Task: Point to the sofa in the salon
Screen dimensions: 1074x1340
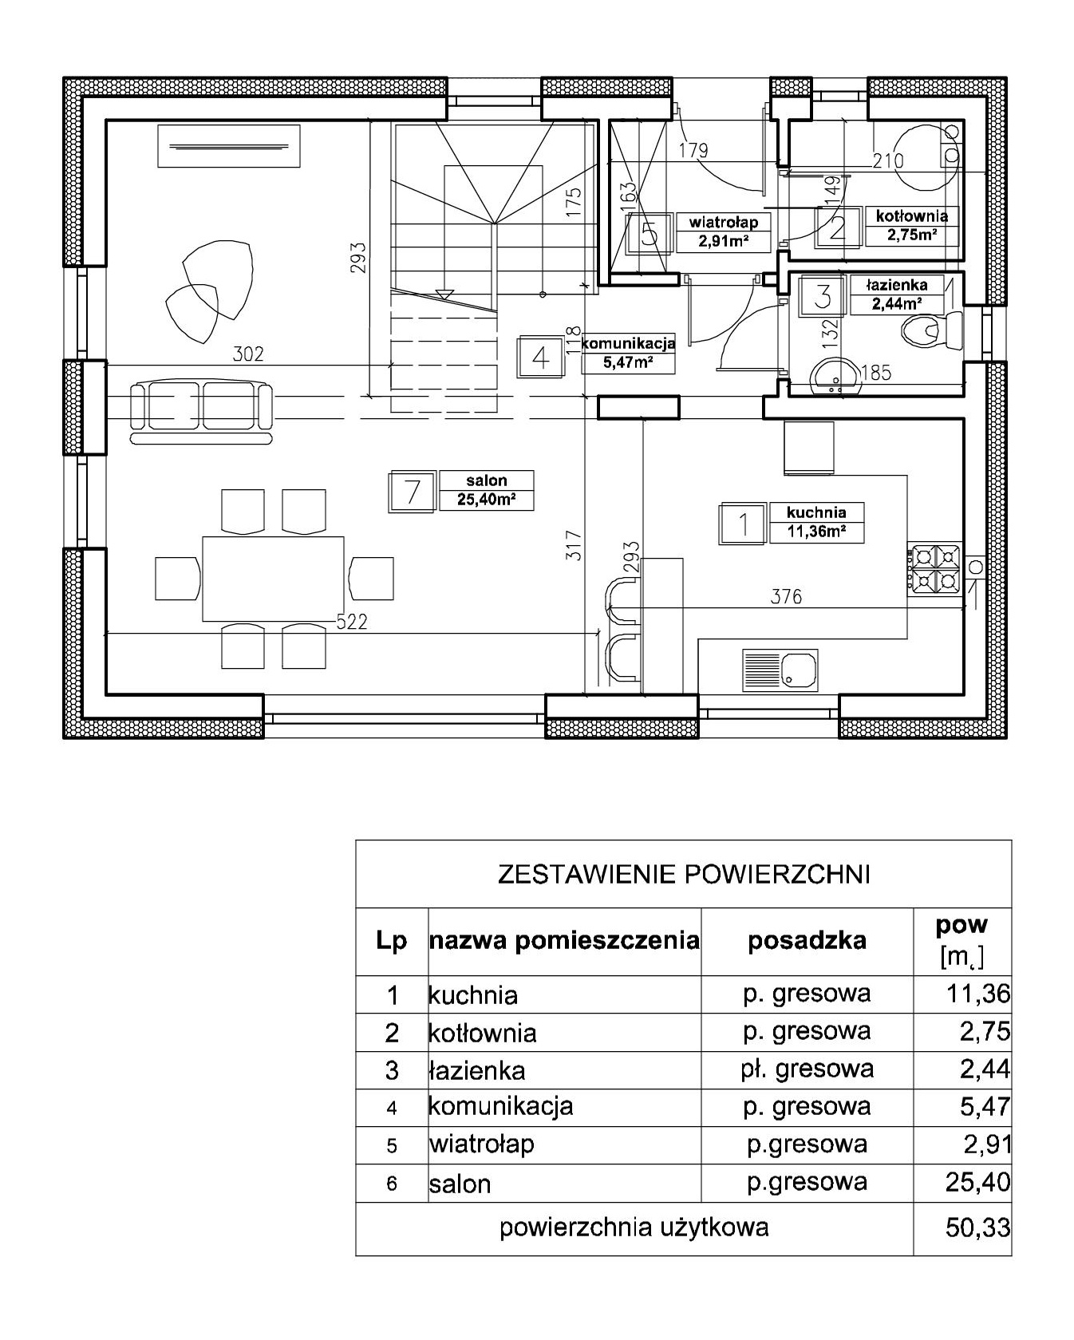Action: (x=201, y=412)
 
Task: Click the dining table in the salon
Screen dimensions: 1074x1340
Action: (x=273, y=579)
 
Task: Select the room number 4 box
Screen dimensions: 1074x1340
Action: (x=540, y=357)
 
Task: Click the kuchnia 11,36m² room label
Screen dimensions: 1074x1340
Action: (x=816, y=522)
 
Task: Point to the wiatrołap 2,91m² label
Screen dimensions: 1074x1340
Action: (x=723, y=231)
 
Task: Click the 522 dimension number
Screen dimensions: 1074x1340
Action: (x=351, y=622)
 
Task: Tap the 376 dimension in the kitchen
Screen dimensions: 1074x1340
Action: (x=786, y=596)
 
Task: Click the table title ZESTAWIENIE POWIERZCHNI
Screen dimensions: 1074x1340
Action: (x=683, y=875)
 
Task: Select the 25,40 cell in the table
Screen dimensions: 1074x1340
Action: (x=978, y=1181)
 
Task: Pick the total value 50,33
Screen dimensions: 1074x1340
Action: (x=978, y=1227)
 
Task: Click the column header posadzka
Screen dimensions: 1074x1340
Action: (x=807, y=940)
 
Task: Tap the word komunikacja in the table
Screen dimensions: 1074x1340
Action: (x=500, y=1106)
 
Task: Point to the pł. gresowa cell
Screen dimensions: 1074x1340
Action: (x=807, y=1069)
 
